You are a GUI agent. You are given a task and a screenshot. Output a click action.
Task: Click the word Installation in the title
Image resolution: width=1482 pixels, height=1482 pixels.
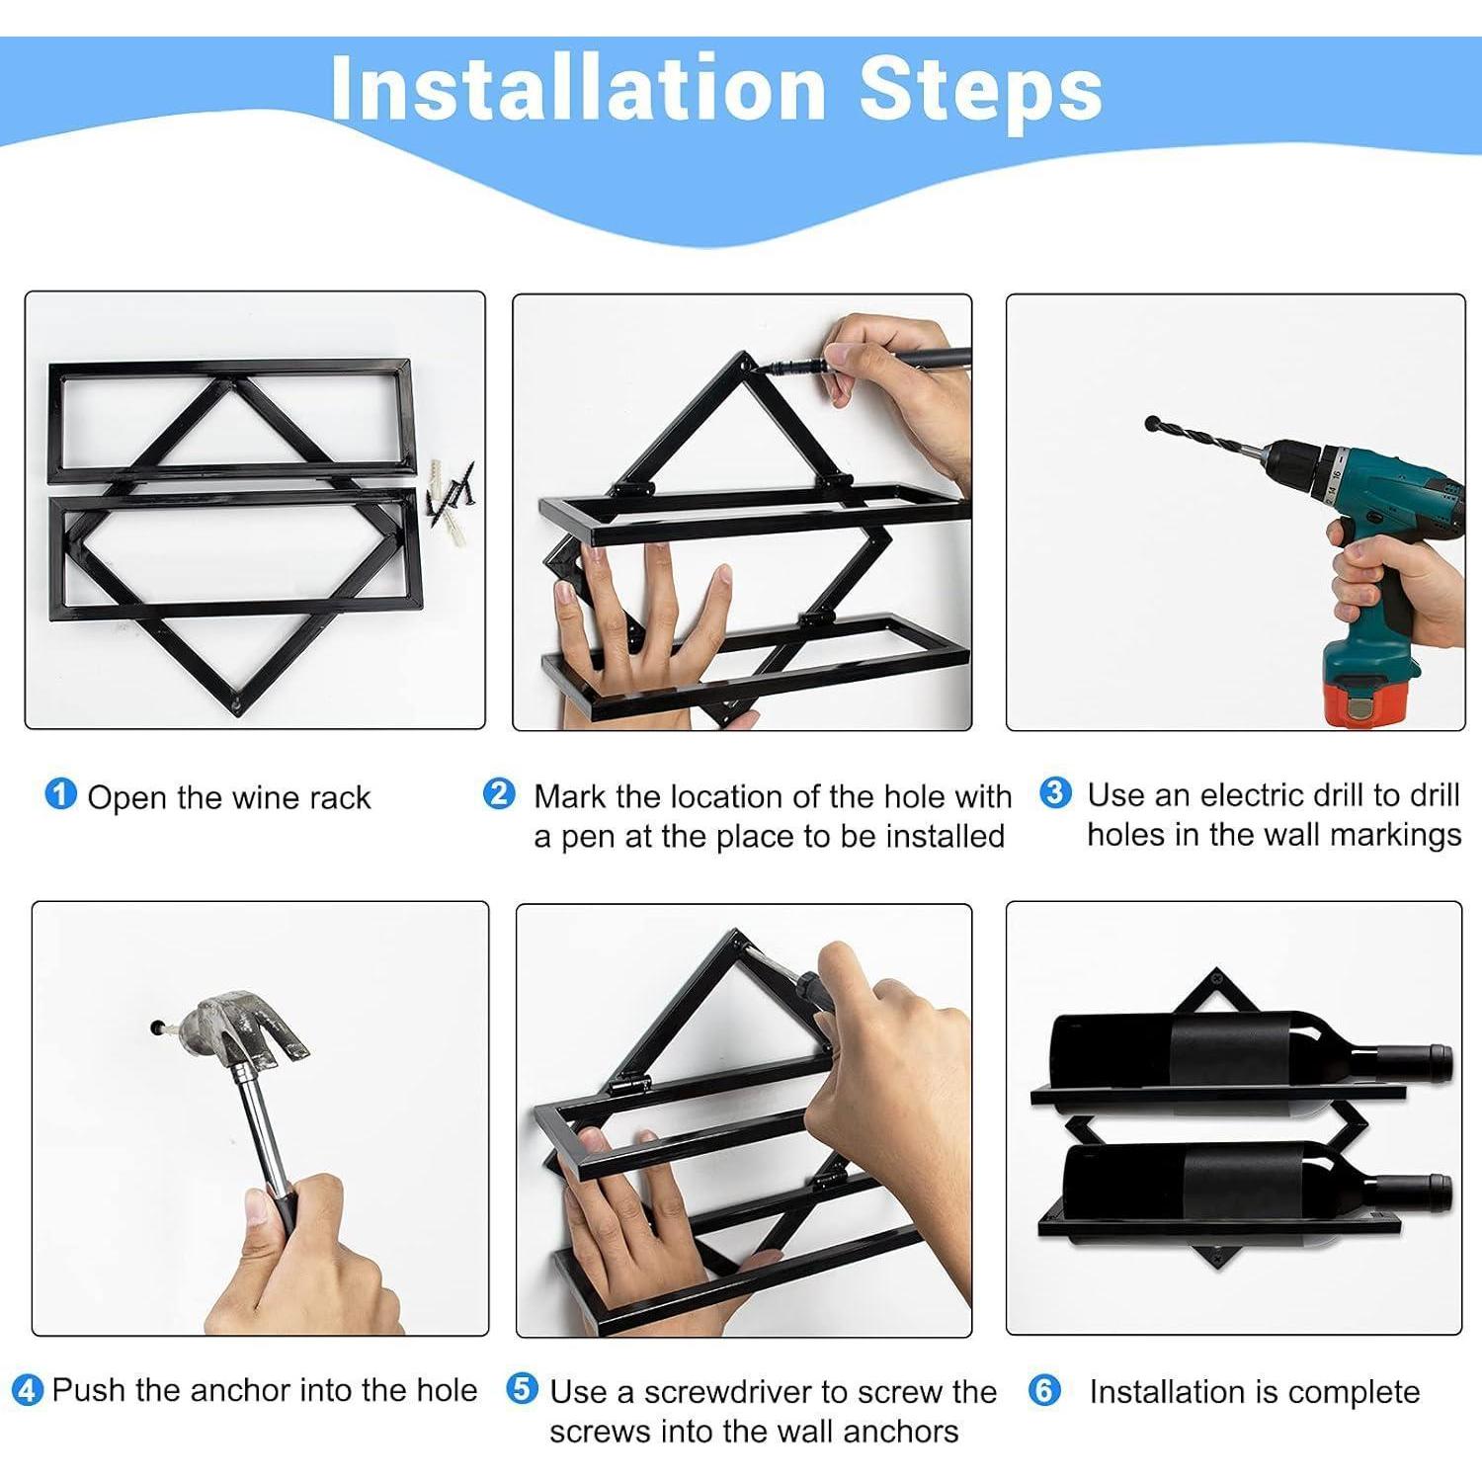tap(579, 88)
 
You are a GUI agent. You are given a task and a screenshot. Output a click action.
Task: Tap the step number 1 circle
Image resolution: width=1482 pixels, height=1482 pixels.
tap(60, 793)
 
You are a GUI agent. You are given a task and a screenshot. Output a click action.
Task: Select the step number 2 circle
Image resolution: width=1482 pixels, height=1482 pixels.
tap(499, 793)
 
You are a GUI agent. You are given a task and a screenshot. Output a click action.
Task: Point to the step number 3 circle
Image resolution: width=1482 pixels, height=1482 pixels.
tap(1055, 792)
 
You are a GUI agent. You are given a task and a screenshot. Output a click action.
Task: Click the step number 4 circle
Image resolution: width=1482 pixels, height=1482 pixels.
tap(28, 1391)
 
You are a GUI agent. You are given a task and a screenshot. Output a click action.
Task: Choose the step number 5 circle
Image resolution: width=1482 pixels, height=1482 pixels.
tap(522, 1389)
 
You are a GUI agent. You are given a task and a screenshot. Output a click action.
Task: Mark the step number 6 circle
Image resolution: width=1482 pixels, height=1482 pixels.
tap(1044, 1391)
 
